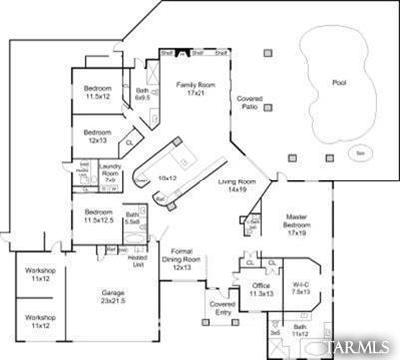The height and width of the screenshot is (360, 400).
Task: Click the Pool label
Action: (x=340, y=84)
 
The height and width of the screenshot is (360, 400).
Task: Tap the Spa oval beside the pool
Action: (x=360, y=153)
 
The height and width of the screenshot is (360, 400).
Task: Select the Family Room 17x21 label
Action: (x=197, y=89)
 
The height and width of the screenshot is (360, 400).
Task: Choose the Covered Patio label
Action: (x=249, y=104)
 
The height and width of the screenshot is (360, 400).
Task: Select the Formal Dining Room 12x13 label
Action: (x=182, y=259)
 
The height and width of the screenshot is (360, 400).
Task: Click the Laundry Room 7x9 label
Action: (x=110, y=172)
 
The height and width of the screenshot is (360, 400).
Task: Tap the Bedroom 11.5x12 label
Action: (x=97, y=93)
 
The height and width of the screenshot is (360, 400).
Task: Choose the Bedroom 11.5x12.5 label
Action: (x=97, y=216)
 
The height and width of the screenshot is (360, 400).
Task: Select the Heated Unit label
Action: (x=139, y=260)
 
